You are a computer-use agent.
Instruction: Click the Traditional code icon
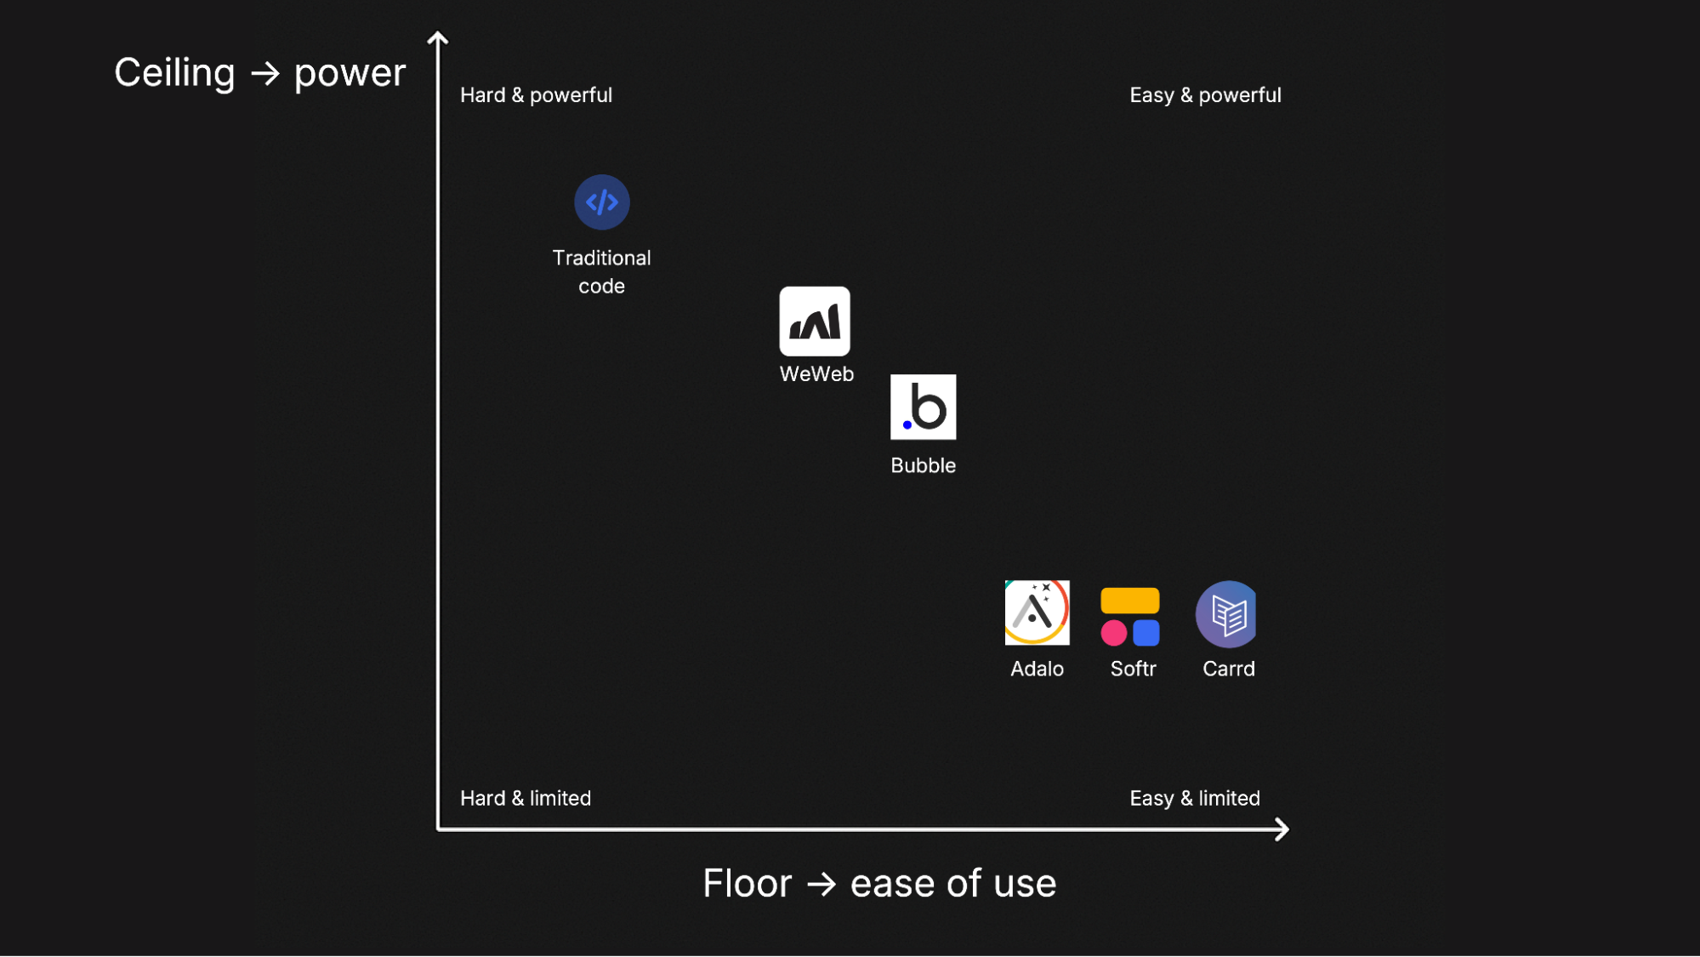[601, 202]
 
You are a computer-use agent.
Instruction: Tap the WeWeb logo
[815, 322]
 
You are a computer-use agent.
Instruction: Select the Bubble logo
[923, 407]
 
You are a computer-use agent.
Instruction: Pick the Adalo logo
[1037, 613]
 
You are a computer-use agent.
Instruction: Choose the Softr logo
[1130, 617]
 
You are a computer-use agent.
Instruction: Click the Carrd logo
[1226, 614]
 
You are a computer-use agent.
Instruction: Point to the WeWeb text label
[816, 374]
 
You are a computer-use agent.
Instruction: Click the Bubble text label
[923, 466]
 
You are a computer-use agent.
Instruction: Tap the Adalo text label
[1037, 669]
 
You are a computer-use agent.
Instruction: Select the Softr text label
[1133, 669]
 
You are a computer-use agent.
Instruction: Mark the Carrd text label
[1228, 669]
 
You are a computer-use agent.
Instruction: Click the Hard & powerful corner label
[536, 95]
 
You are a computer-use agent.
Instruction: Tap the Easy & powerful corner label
[1205, 95]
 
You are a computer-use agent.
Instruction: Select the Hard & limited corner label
[525, 799]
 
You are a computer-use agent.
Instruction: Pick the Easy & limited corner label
[1194, 799]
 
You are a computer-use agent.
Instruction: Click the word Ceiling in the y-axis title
[174, 74]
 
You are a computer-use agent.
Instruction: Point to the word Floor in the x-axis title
[747, 884]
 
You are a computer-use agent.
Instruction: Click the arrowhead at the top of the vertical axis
[438, 38]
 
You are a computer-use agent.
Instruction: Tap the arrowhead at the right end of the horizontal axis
[1282, 829]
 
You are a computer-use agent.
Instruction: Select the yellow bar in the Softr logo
[1129, 601]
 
